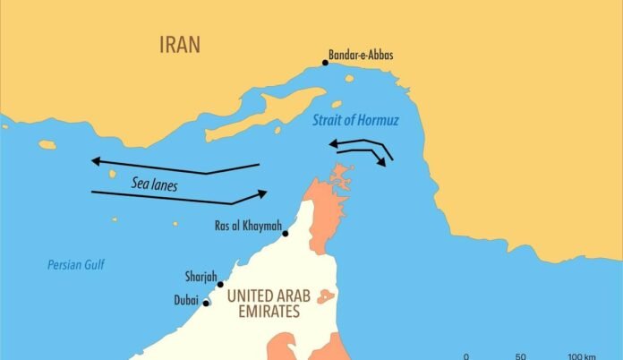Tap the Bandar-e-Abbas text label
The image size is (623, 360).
(361, 56)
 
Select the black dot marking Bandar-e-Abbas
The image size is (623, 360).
(326, 63)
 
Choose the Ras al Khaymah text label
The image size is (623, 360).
(246, 225)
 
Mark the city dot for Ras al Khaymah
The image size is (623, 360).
(286, 234)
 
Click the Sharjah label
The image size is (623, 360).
(201, 277)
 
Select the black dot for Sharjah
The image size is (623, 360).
(221, 285)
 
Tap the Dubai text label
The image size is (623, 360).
(186, 302)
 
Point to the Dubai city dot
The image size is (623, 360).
(207, 303)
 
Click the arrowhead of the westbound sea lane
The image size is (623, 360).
(95, 161)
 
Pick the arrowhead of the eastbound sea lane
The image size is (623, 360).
(262, 193)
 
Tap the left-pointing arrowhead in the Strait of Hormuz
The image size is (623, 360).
(332, 142)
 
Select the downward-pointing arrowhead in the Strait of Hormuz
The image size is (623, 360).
(382, 163)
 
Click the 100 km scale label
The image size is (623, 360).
(582, 356)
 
